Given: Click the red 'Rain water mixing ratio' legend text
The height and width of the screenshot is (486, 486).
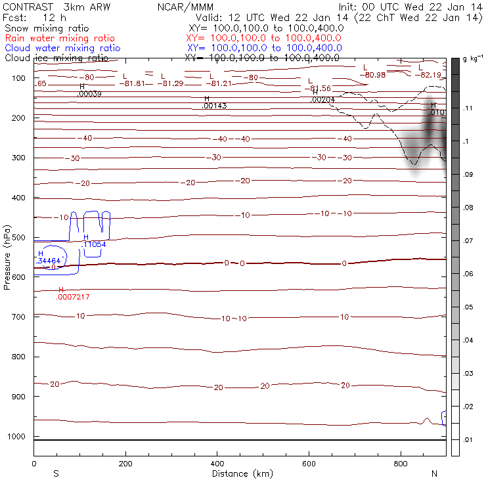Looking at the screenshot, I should [x=59, y=38].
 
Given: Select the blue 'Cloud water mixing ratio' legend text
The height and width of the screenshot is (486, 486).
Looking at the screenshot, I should [x=62, y=48].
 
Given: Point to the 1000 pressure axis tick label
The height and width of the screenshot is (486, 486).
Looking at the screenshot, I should [x=18, y=437].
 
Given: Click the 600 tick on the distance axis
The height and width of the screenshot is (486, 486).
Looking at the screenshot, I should [x=308, y=464].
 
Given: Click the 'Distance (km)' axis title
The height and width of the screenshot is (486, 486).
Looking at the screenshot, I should [x=239, y=474].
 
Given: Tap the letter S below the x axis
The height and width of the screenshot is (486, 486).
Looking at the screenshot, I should [x=56, y=474].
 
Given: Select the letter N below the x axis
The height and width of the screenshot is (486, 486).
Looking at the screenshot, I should [x=434, y=474].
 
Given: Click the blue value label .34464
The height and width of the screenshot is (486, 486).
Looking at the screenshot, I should [x=50, y=261].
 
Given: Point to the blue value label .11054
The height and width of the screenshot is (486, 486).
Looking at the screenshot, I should [x=94, y=244].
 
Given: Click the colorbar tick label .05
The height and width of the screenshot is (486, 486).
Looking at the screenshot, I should [x=469, y=307].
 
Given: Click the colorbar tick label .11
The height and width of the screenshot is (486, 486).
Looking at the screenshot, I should [x=468, y=108].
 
